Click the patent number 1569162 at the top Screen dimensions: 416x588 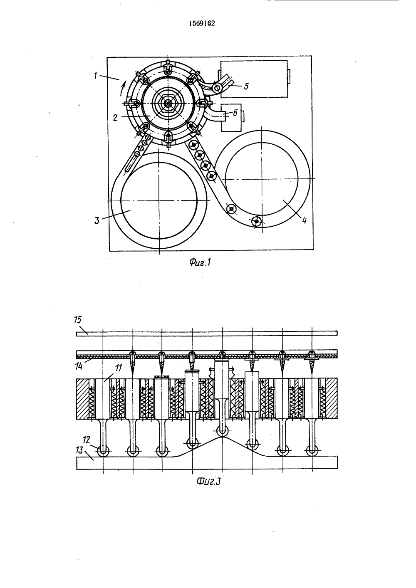click(202, 24)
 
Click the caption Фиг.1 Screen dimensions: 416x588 click(200, 262)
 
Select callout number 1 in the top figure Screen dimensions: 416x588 click(96, 75)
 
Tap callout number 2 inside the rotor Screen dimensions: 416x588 click(115, 118)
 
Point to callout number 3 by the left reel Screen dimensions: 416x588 click(97, 220)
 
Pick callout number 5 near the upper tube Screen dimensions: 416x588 click(246, 86)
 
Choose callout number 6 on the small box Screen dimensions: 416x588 click(235, 113)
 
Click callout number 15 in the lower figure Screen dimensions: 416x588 click(78, 320)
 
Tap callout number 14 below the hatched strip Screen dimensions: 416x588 click(79, 366)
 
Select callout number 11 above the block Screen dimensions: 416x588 click(118, 368)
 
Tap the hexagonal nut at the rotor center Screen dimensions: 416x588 click(168, 104)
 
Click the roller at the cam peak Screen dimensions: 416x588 click(222, 430)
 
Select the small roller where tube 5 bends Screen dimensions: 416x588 click(217, 88)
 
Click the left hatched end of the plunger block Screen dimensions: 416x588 click(82, 399)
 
